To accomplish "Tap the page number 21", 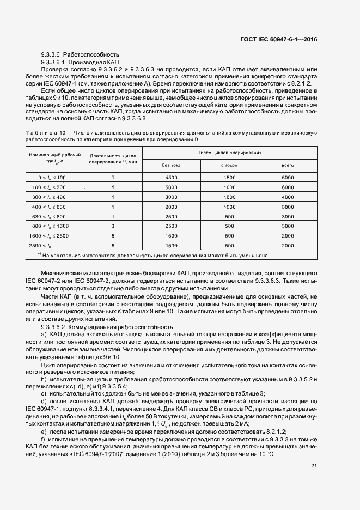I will (314, 465).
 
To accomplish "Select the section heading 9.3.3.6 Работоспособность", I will (80, 55).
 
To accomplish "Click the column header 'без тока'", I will (171, 165).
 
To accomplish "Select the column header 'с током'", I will (229, 165).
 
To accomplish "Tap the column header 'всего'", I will (288, 165).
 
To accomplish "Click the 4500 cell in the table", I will (171, 178).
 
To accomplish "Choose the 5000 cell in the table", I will (171, 187).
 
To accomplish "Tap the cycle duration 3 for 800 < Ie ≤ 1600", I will (113, 226).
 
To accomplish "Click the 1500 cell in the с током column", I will (229, 178).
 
